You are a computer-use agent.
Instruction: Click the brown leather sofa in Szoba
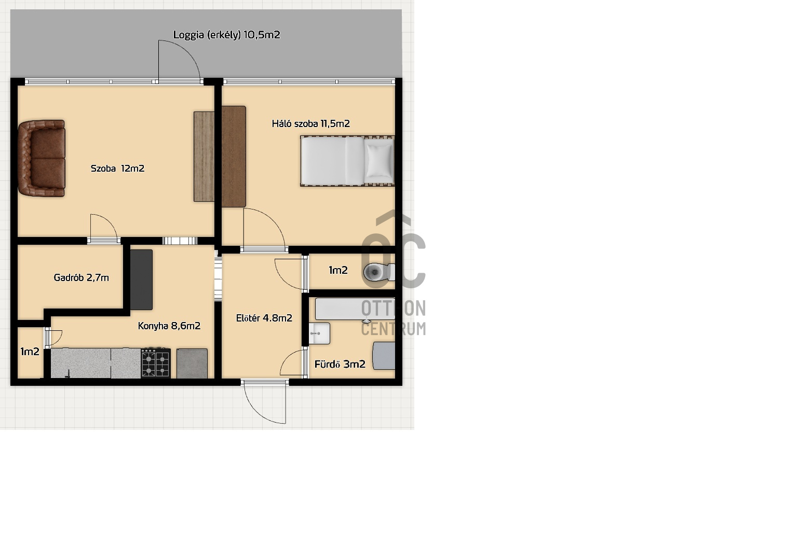(42, 158)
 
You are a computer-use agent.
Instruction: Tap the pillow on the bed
(379, 160)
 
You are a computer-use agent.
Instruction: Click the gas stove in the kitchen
(156, 363)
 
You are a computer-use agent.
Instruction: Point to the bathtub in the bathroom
(355, 309)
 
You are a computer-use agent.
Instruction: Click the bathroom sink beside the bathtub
(319, 333)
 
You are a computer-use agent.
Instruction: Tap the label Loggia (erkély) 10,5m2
(227, 35)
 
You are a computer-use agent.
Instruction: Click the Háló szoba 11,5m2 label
(310, 123)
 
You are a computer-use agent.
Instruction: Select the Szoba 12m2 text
(117, 169)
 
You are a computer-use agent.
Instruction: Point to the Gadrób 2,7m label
(81, 277)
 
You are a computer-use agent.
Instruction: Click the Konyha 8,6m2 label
(169, 326)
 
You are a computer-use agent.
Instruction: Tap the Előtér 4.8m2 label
(264, 318)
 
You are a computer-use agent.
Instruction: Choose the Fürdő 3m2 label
(340, 364)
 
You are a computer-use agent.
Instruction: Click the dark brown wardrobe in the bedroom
(234, 157)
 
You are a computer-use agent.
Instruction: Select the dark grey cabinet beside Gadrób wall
(141, 280)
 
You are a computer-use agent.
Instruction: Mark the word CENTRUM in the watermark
(393, 329)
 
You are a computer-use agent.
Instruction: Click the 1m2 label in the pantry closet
(30, 352)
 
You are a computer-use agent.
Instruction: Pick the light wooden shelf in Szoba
(204, 157)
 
